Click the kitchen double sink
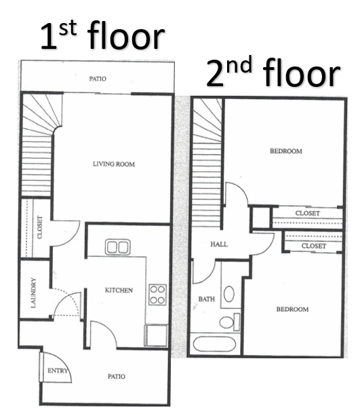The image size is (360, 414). coord(117,247)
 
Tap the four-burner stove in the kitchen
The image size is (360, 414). coord(157,295)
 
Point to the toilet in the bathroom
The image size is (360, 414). coord(229,322)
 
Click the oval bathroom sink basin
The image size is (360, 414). coord(229,294)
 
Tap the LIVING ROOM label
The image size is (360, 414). coord(114,164)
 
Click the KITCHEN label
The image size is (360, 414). coord(119,290)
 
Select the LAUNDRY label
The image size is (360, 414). coord(34,293)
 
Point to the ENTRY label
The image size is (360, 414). coord(58,371)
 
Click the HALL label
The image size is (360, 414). coord(219,244)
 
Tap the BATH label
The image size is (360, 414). coord(207,299)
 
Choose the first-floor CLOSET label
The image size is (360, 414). coord(40,227)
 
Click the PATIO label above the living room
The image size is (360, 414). coord(98,79)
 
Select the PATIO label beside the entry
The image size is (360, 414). coord(117,376)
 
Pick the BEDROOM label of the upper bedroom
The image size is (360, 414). coord(286,151)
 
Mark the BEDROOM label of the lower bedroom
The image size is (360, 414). coord(292,309)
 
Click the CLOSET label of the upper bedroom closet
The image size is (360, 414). coord(308,213)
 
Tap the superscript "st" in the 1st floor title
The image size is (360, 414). coord(68,29)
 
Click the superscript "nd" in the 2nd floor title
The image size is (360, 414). coord(239,65)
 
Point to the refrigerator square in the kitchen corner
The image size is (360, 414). coord(156,335)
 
